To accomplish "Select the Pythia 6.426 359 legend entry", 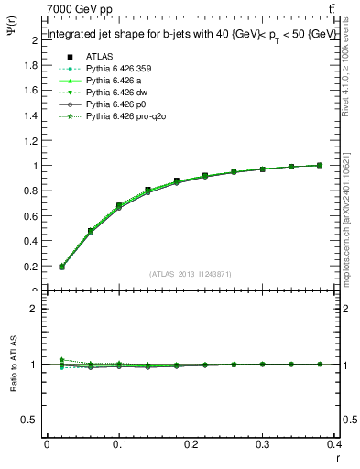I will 115,68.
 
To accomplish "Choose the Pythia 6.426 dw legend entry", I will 113,93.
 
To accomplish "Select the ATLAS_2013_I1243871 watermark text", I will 191,274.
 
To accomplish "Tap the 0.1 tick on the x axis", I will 119,443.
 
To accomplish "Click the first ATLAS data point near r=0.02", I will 61,267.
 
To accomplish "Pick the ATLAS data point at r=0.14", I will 148,191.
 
